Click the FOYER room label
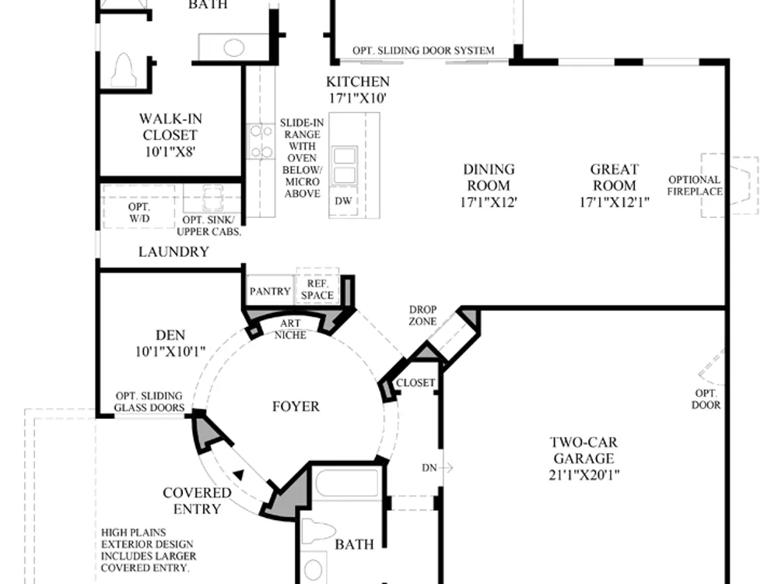[296, 406]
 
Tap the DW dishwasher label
[343, 201]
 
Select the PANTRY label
[270, 291]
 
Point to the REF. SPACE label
[317, 290]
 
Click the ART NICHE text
[290, 329]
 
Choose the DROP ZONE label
[422, 315]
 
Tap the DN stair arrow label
[429, 468]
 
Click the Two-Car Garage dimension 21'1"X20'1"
[584, 475]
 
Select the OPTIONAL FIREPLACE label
[695, 186]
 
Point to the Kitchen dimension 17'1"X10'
[358, 98]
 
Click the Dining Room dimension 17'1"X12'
[489, 202]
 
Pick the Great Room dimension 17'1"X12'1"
[615, 202]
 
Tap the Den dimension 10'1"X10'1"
[170, 352]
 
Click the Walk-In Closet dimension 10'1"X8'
[170, 152]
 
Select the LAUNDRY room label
[173, 252]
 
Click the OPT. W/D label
[139, 213]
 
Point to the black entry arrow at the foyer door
[239, 475]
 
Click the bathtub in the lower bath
[347, 482]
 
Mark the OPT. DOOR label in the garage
[706, 399]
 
